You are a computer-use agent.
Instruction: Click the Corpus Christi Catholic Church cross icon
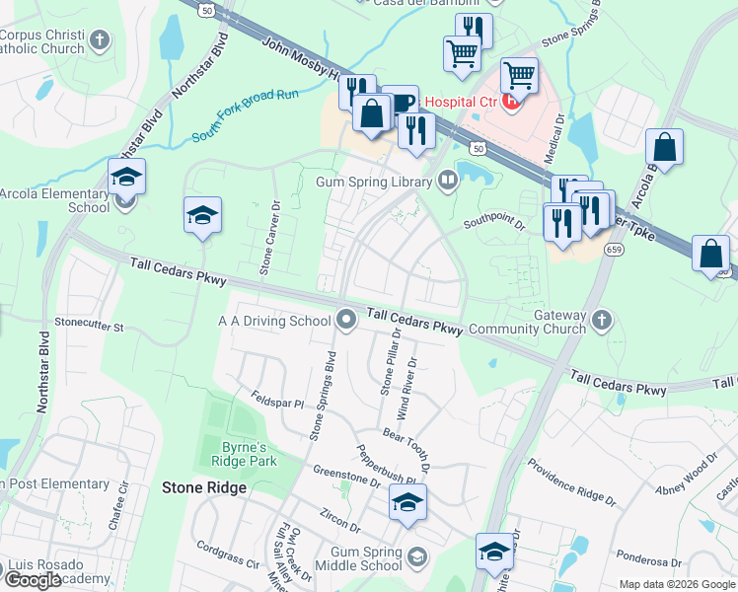pyautogui.click(x=99, y=40)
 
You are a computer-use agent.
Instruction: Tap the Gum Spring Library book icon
pyautogui.click(x=447, y=180)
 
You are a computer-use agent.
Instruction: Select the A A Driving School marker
pyautogui.click(x=345, y=319)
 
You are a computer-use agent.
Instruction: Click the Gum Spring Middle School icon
pyautogui.click(x=416, y=558)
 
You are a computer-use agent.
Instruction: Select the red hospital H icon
pyautogui.click(x=510, y=101)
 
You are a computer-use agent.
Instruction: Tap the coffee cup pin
pyautogui.click(x=400, y=103)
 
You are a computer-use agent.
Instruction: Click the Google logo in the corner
pyautogui.click(x=34, y=580)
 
